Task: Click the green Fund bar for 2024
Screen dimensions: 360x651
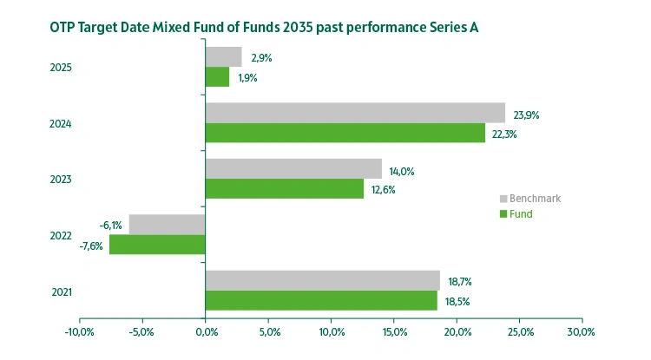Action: [x=345, y=133]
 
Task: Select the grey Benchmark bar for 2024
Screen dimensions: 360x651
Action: [x=355, y=113]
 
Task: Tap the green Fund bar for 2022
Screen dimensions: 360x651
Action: [x=157, y=245]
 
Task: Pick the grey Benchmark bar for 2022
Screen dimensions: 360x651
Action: [x=167, y=224]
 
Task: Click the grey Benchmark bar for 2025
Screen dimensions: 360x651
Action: [x=223, y=57]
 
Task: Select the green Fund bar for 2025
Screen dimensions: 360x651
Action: [x=217, y=77]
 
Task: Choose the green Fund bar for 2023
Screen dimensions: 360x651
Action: [x=285, y=188]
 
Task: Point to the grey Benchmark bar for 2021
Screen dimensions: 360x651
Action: [x=323, y=279]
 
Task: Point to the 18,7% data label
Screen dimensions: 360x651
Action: [x=461, y=281]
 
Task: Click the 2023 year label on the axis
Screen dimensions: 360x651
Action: [x=60, y=180]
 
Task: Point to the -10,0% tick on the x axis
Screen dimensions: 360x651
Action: [x=79, y=331]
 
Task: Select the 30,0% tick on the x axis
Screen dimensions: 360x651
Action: [x=582, y=331]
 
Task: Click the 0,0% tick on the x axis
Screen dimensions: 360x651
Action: [x=206, y=331]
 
